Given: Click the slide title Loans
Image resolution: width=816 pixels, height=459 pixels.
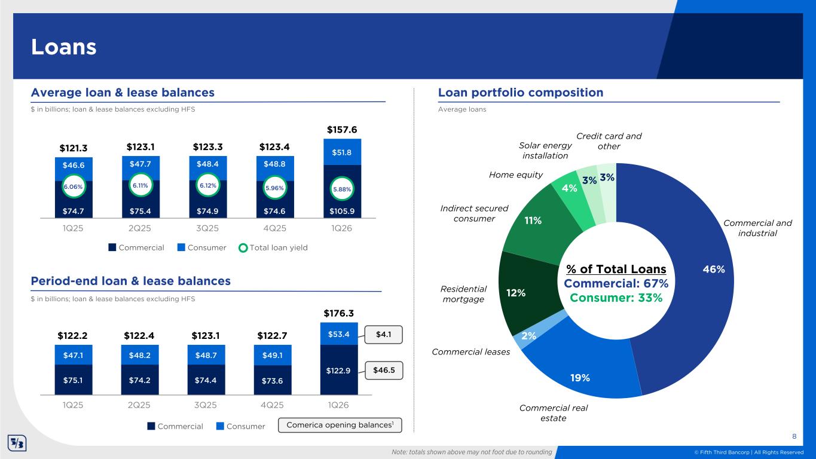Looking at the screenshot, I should [x=64, y=47].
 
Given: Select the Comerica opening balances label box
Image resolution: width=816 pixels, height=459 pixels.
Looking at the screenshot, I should [x=340, y=426].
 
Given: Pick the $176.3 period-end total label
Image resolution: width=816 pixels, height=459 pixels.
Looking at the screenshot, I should [x=339, y=313].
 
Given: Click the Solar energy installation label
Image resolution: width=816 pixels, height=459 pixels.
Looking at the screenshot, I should [x=545, y=151].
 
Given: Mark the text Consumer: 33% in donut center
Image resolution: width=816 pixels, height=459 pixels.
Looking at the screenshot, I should [x=616, y=298].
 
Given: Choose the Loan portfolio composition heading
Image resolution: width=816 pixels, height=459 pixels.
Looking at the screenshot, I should [x=520, y=93].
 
